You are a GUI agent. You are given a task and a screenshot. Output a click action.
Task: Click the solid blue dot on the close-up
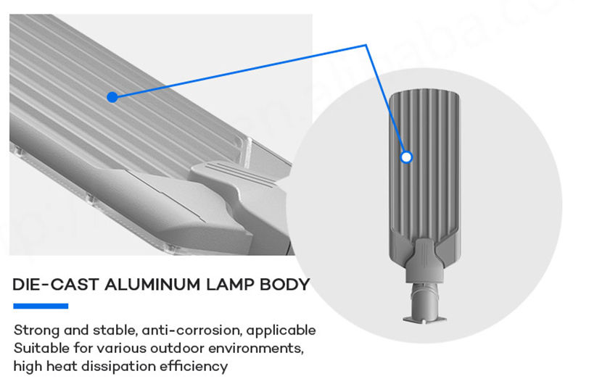112,96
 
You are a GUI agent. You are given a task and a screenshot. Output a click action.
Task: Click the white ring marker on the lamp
406,156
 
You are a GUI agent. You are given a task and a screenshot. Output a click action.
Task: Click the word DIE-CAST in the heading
56,284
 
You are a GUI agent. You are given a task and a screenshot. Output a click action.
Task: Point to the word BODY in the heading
287,284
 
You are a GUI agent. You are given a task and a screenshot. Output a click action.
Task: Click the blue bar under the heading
41,306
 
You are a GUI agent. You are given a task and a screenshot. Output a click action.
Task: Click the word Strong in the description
36,330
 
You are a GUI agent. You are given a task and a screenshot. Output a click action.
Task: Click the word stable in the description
117,330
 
